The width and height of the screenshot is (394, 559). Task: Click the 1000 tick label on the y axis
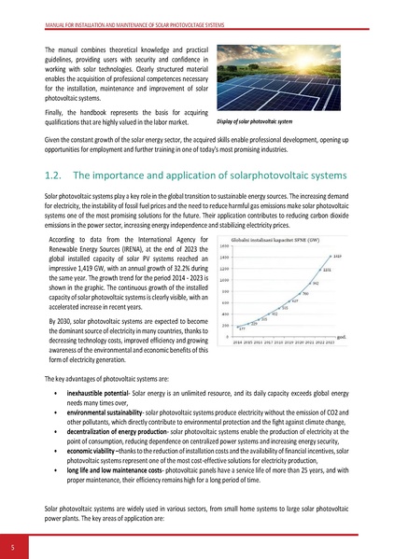pyautogui.click(x=224, y=279)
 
